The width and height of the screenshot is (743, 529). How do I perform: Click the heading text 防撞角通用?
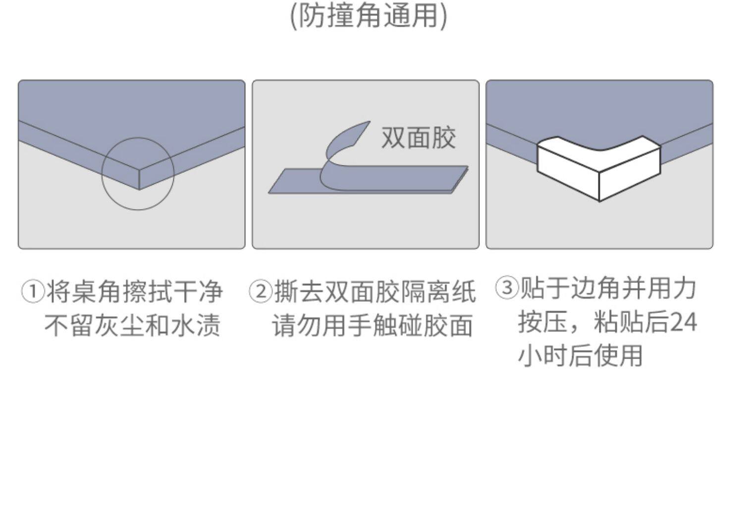369,15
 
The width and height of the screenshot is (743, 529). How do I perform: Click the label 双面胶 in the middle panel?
419,138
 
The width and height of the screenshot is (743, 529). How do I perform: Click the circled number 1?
33,292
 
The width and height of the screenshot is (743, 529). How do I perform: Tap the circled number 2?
261,292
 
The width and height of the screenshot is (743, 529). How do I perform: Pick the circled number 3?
507,288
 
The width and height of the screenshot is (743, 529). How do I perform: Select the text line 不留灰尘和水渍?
132,325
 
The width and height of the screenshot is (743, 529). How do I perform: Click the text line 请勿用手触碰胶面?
372,325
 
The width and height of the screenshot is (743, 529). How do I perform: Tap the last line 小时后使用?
581,356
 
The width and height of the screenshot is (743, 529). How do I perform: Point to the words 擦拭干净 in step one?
172,292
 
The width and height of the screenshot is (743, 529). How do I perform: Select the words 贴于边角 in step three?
569,288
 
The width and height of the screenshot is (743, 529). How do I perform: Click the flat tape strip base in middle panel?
368,181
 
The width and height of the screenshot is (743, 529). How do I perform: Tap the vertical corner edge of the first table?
139,179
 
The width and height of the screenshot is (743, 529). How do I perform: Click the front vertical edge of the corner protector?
599,187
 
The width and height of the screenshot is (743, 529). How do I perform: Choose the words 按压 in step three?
543,322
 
